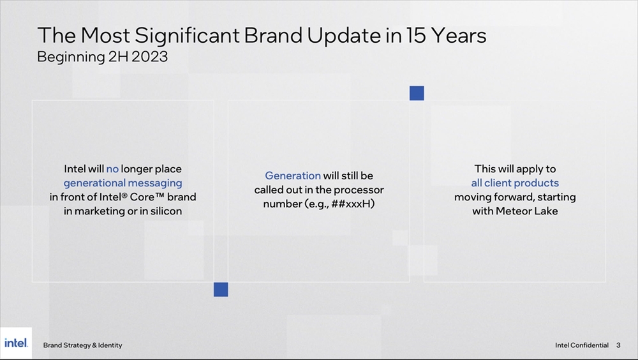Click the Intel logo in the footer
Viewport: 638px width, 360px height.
point(16,343)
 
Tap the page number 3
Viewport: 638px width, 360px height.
point(618,345)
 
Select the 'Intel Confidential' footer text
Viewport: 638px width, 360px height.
point(581,345)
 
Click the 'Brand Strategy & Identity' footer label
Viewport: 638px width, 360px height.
point(82,345)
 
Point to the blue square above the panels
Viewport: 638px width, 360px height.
point(417,93)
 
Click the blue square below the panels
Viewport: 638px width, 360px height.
point(221,290)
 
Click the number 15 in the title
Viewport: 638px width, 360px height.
point(415,36)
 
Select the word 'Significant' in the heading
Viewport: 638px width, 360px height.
point(187,36)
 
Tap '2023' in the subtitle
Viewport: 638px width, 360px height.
point(149,57)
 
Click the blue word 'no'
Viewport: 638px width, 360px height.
point(112,169)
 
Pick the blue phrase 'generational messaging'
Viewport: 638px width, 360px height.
point(123,183)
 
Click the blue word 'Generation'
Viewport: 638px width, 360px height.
point(293,176)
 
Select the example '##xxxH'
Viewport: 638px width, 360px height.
point(353,204)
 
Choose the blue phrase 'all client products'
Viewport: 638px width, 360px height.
point(515,183)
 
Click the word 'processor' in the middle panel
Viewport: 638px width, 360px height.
point(359,190)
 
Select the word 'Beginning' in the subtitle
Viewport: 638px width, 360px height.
point(71,57)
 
